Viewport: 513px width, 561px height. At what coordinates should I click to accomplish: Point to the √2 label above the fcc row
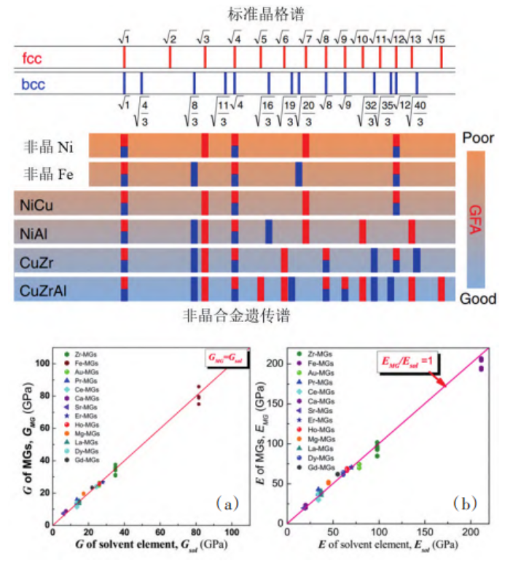click(x=170, y=37)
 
